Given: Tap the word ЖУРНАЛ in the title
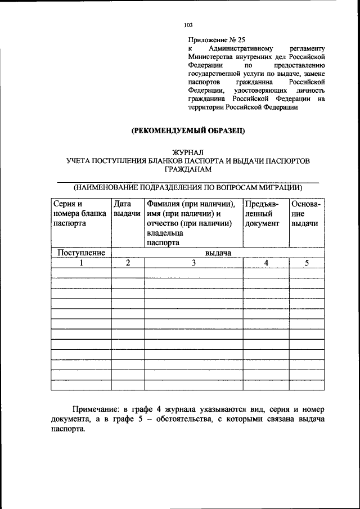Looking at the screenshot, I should pos(188,152).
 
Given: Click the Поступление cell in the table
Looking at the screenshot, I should pos(82,253).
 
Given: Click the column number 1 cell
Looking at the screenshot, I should pos(82,263).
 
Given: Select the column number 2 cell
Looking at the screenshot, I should pos(128,263).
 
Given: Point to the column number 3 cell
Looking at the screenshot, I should pos(193,263).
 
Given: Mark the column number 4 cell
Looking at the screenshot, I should pos(266,263).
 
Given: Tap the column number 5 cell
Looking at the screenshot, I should pos(307,263).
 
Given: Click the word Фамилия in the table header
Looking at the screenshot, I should pos(163,204).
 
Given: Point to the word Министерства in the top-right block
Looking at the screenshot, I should pos(213,57).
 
